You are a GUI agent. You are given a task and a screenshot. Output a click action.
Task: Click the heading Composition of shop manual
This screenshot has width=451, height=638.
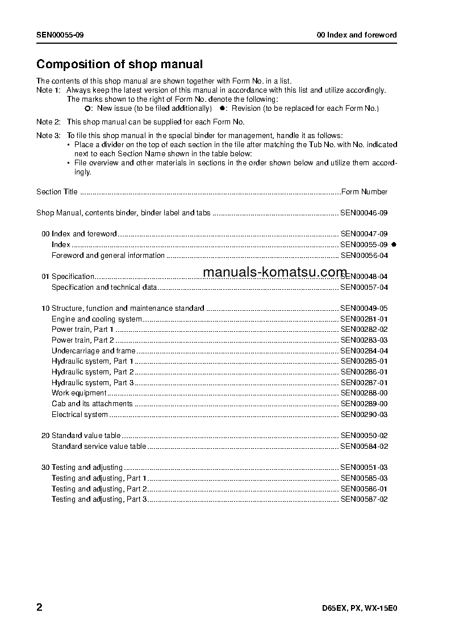point(119,65)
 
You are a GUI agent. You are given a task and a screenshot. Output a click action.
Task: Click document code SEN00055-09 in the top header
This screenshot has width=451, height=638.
point(60,35)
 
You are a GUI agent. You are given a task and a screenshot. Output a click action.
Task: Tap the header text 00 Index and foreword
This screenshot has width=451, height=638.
point(356,35)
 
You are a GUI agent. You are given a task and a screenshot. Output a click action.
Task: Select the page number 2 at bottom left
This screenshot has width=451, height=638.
point(39,607)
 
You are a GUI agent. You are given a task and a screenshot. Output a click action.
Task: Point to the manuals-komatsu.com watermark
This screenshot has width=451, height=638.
point(274,272)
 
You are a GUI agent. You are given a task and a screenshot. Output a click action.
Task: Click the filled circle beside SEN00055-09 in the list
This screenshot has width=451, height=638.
point(394,244)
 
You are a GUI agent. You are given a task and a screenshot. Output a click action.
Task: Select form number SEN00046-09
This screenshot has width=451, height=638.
point(364,213)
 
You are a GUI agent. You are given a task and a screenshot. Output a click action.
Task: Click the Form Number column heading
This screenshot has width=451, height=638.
point(364,192)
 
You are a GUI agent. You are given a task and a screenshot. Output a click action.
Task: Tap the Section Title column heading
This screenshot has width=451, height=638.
point(57,192)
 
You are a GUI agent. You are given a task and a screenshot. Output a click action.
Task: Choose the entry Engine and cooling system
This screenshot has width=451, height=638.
point(97,319)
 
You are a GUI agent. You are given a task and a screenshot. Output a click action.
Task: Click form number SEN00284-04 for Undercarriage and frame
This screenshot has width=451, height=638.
point(364,351)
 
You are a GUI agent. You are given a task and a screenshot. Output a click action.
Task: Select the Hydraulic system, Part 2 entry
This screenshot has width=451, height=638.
point(93,372)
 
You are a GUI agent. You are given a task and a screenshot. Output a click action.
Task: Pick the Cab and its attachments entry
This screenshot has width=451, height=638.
point(92,404)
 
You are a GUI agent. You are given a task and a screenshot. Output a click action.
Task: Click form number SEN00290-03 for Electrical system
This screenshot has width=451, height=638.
point(364,415)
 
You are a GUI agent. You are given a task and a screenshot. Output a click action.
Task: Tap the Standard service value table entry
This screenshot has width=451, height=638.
point(99,447)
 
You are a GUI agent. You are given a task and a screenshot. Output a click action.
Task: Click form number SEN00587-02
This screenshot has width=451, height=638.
point(364,499)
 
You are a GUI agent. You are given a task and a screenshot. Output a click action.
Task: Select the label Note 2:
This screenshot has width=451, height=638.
point(48,122)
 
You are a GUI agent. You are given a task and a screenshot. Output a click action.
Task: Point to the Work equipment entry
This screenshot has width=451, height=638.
point(79,393)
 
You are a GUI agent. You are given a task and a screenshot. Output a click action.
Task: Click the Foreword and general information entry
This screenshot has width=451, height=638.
point(108,256)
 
